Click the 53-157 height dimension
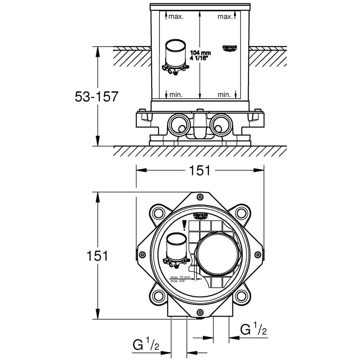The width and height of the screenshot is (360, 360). point(96,96)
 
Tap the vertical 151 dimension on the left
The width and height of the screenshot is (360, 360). point(97,256)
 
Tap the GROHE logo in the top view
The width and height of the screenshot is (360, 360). point(201,216)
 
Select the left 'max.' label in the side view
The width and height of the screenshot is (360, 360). point(176,17)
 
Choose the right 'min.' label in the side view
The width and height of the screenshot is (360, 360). point(224,95)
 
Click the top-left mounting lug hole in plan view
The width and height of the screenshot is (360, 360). point(157,213)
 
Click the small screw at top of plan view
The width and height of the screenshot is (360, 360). point(200,197)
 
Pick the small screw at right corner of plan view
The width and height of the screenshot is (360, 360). point(258,255)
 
